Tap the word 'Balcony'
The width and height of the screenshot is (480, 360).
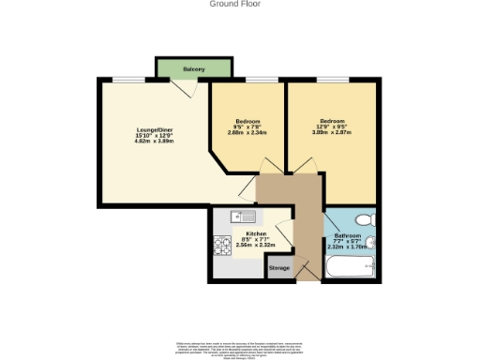tap(193, 69)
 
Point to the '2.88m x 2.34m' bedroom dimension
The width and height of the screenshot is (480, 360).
tap(247, 132)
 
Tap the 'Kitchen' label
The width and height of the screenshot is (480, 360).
tap(256, 233)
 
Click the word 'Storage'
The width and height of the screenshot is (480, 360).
tap(279, 268)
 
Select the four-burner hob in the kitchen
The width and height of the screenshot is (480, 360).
tap(222, 247)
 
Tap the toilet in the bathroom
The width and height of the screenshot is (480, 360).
tap(367, 219)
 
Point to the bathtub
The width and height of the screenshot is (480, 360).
tap(351, 269)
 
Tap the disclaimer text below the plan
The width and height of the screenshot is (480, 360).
tap(240, 348)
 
